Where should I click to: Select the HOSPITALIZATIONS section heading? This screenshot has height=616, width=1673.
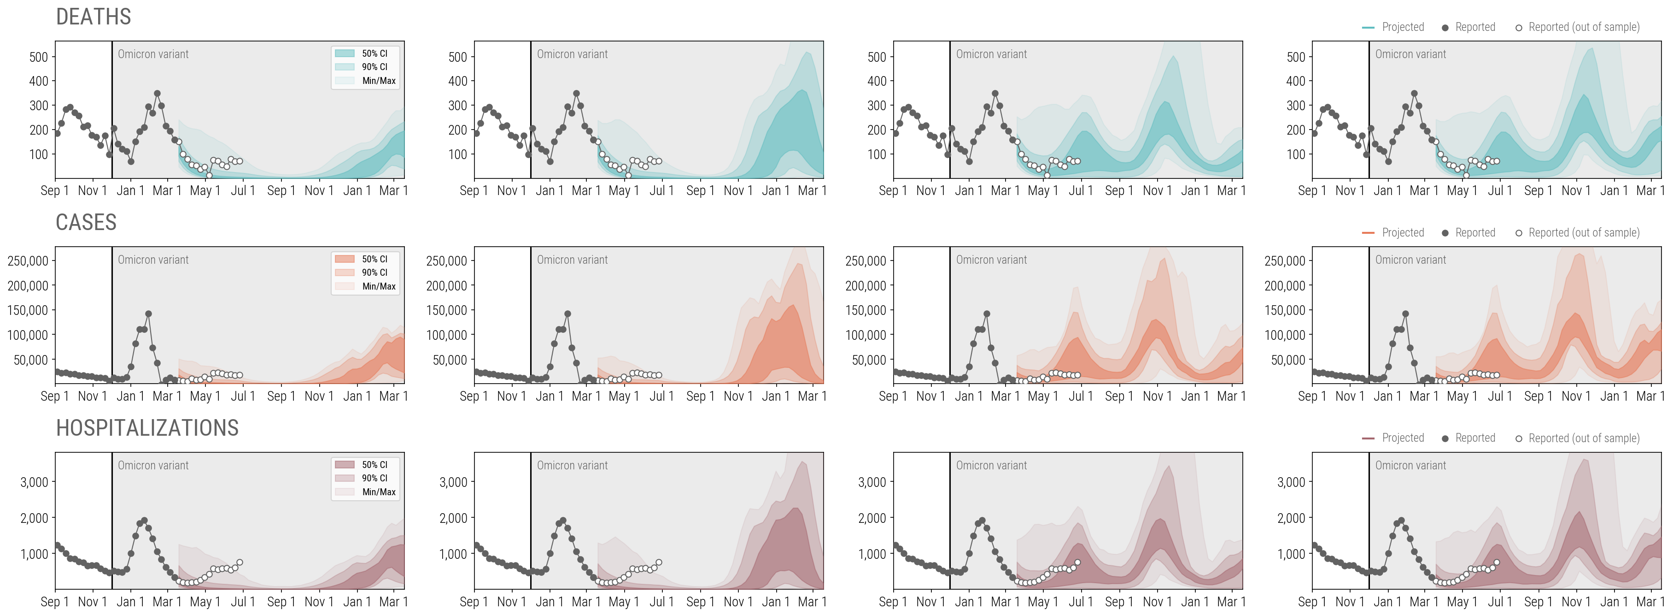coord(147,427)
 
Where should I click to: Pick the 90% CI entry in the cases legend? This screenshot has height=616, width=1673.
coord(374,272)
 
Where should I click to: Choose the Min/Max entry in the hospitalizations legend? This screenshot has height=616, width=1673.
coord(378,492)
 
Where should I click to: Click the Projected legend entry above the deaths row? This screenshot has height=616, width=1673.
coord(1402,27)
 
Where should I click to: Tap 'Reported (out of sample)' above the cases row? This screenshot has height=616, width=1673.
coord(1583,233)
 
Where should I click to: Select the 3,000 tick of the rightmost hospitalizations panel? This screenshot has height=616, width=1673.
coord(1290,482)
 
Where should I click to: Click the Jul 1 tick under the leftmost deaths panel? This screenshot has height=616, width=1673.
coord(243,191)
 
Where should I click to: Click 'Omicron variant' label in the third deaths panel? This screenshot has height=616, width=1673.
coord(991,54)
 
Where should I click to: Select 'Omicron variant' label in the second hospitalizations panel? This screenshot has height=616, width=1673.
coord(572,466)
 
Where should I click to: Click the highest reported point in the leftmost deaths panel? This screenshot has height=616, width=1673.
coord(157,94)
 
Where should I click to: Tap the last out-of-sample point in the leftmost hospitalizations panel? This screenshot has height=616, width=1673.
coord(240,563)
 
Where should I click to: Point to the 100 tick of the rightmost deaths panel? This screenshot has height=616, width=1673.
coord(1296,154)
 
